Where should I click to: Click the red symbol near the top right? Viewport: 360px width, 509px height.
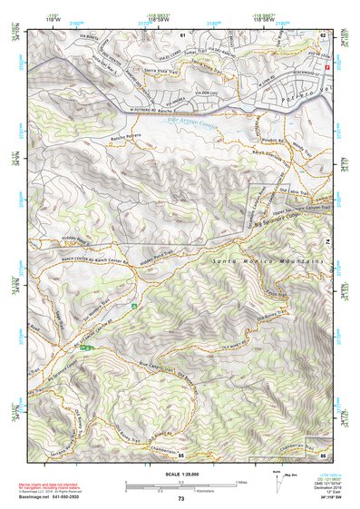click(315, 69)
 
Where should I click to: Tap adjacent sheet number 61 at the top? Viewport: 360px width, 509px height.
click(182, 34)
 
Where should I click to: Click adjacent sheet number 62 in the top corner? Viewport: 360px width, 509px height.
click(322, 34)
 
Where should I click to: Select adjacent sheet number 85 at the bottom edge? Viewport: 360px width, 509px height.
click(181, 455)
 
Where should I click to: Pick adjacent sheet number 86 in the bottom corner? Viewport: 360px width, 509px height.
click(322, 455)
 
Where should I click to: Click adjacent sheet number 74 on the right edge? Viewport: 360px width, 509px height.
click(326, 242)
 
